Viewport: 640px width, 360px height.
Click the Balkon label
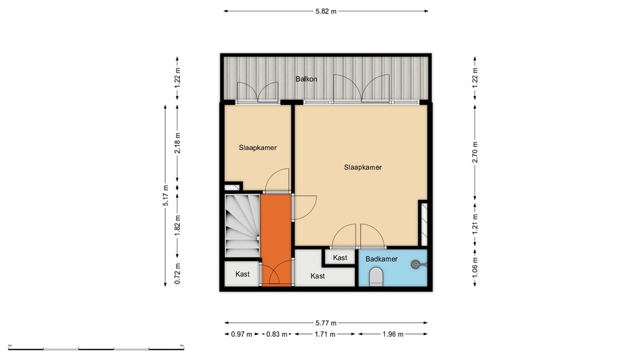(x=306, y=79)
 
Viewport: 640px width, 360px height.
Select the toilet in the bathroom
(x=376, y=277)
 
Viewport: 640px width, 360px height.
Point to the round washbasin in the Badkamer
(x=416, y=265)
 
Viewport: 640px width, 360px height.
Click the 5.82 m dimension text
(x=326, y=11)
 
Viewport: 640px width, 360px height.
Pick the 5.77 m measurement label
(x=326, y=323)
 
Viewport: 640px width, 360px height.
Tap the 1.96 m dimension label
(x=392, y=334)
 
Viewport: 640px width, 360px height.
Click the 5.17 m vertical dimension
(x=166, y=195)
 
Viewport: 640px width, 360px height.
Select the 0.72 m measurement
(x=178, y=274)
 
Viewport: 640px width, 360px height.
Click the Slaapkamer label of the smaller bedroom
(x=257, y=148)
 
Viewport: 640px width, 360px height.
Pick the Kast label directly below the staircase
(x=242, y=274)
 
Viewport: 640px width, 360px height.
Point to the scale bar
(x=96, y=347)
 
